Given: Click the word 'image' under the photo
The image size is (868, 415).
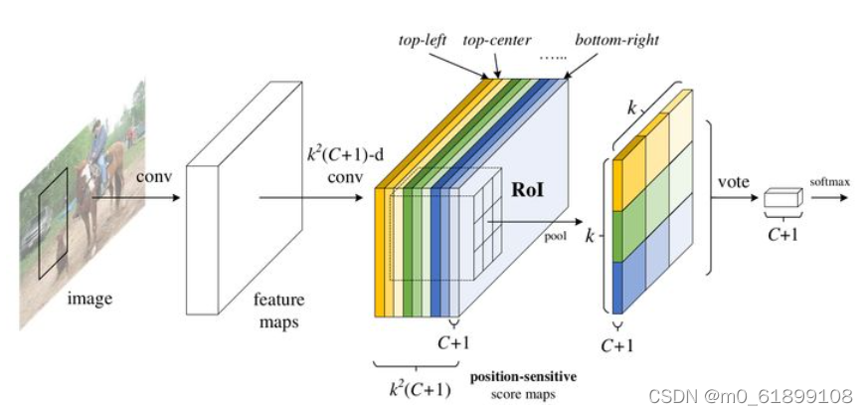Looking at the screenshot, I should pos(89,298).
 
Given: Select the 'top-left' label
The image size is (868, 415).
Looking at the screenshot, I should pos(424,41).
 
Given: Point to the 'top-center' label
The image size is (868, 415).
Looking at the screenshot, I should pos(497,41).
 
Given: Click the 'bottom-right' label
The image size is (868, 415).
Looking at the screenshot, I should pos(616,41).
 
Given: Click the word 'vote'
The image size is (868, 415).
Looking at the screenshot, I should pos(734,182).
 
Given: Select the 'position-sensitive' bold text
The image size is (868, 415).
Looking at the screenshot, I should pos(524,377).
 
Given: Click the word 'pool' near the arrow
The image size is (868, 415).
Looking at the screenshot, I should pos(554,236).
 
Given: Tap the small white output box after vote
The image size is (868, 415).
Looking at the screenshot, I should pos(783,198).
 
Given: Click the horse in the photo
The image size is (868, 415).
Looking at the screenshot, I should pos(93,189).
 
